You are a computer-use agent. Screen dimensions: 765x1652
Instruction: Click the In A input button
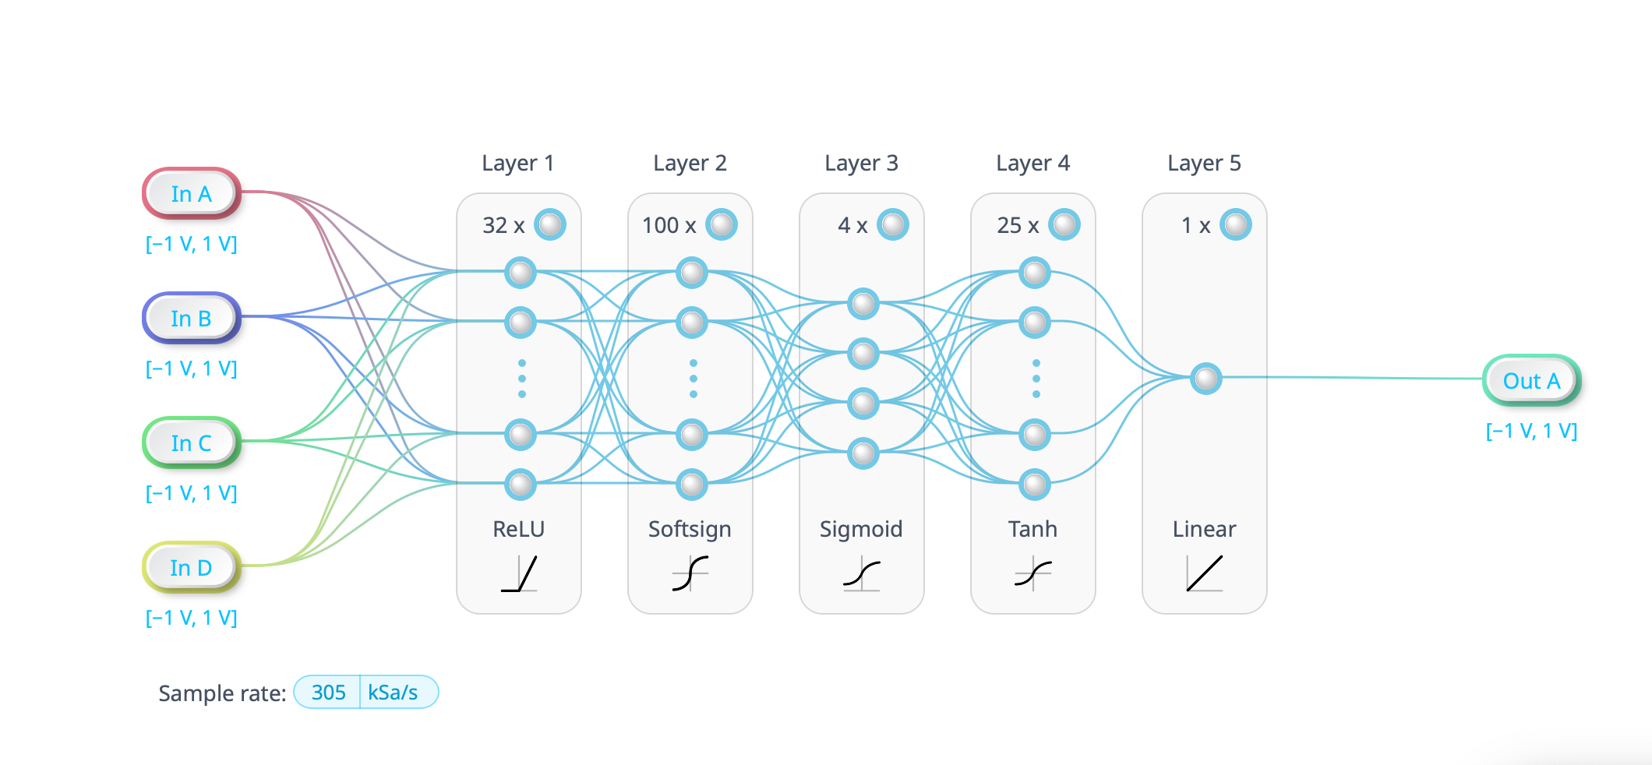[x=191, y=193]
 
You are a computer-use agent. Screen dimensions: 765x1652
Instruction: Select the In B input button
[x=191, y=318]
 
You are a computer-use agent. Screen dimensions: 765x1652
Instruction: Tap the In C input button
[x=191, y=442]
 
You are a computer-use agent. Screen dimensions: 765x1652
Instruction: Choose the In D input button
[x=191, y=567]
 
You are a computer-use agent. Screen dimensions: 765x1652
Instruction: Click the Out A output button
[x=1531, y=380]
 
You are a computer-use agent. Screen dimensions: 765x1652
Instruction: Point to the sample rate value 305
[x=328, y=692]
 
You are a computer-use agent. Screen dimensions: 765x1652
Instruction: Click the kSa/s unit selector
[x=393, y=692]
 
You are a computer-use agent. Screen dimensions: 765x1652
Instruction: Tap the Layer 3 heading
[x=861, y=163]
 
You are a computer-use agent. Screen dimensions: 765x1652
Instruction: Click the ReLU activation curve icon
[x=519, y=574]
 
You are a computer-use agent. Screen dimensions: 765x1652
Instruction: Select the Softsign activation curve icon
[x=690, y=574]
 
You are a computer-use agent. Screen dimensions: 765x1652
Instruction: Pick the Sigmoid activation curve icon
[x=862, y=574]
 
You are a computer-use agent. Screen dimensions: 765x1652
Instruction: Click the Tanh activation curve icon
[x=1033, y=574]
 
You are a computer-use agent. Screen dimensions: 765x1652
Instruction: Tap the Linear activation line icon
[x=1205, y=574]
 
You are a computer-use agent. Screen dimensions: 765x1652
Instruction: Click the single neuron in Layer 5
[x=1205, y=379]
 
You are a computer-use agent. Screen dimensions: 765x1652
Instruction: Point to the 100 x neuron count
[x=669, y=225]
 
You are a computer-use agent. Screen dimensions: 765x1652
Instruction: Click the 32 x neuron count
[x=503, y=225]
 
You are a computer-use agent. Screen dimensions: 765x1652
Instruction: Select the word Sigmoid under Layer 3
[x=861, y=529]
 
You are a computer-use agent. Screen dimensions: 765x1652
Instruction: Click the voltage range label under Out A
[x=1531, y=431]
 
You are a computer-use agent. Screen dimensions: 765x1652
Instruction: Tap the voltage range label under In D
[x=191, y=618]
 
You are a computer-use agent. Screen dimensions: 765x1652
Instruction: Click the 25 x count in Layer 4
[x=1018, y=225]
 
